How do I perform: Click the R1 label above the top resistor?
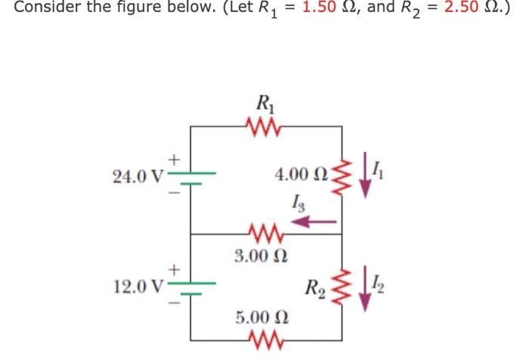(x=265, y=102)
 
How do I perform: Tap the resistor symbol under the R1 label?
(x=265, y=125)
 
